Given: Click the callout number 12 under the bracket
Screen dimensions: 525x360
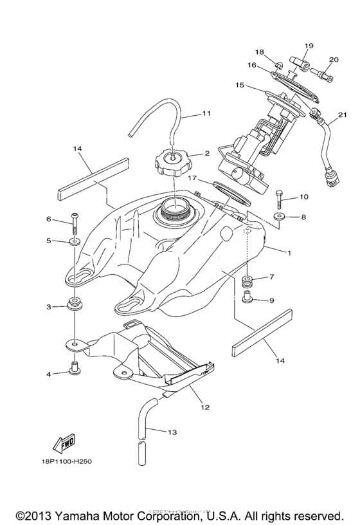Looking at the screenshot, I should [x=204, y=407].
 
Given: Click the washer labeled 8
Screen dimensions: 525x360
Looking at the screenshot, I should [x=278, y=218].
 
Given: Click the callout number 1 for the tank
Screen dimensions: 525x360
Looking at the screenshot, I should [x=289, y=253].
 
